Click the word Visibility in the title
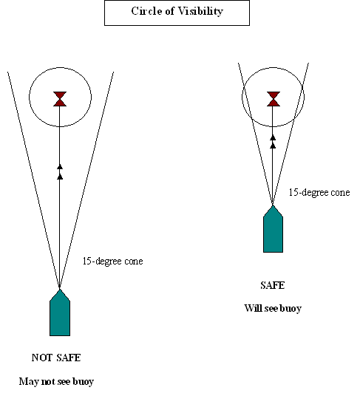tap(200, 11)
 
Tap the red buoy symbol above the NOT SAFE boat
tap(60, 99)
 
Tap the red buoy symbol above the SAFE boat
tap(274, 99)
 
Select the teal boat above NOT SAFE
tap(60, 312)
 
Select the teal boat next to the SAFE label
tap(273, 229)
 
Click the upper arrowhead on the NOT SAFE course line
tap(60, 167)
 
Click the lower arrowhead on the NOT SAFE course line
tap(60, 177)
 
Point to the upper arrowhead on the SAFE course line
tap(273, 137)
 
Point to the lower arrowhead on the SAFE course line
tap(273, 146)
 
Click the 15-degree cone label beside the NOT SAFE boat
tap(113, 262)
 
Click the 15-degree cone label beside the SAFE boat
tap(319, 192)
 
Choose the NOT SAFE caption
tap(56, 358)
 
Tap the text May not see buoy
tap(56, 381)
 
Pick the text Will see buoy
tap(273, 308)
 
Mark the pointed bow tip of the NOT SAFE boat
tap(60, 290)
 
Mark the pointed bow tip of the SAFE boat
tap(273, 206)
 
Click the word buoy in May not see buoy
tap(83, 382)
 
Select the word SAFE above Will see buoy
tap(273, 285)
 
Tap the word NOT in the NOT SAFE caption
tap(42, 358)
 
